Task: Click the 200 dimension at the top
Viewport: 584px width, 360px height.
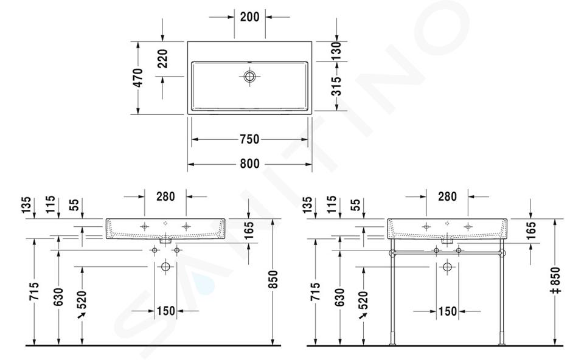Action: tap(249, 17)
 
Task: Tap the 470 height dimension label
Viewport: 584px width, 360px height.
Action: tap(138, 78)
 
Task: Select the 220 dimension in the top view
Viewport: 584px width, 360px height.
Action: tap(162, 59)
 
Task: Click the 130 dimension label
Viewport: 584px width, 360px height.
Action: tap(336, 51)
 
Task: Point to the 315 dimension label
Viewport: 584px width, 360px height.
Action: tap(336, 86)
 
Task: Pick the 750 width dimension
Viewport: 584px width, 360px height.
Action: tap(249, 139)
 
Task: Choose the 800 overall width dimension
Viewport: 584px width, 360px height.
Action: tap(249, 164)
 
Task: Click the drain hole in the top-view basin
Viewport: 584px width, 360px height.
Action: tap(249, 77)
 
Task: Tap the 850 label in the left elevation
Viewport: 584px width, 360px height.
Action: tap(273, 280)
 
